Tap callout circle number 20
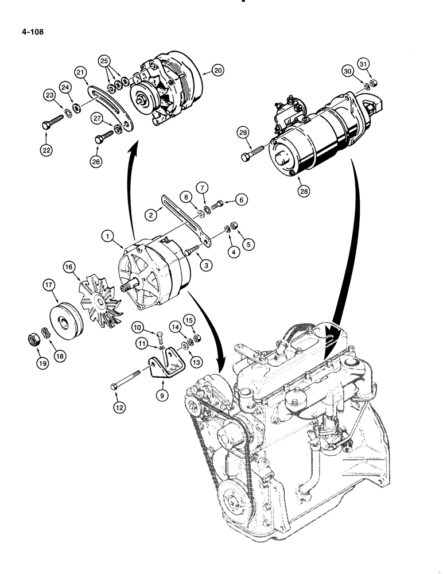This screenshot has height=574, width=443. pos(216,70)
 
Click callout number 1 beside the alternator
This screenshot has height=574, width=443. pos(106,236)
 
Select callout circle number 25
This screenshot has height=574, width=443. pos(103,60)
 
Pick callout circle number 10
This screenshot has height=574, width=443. pos(137,328)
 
